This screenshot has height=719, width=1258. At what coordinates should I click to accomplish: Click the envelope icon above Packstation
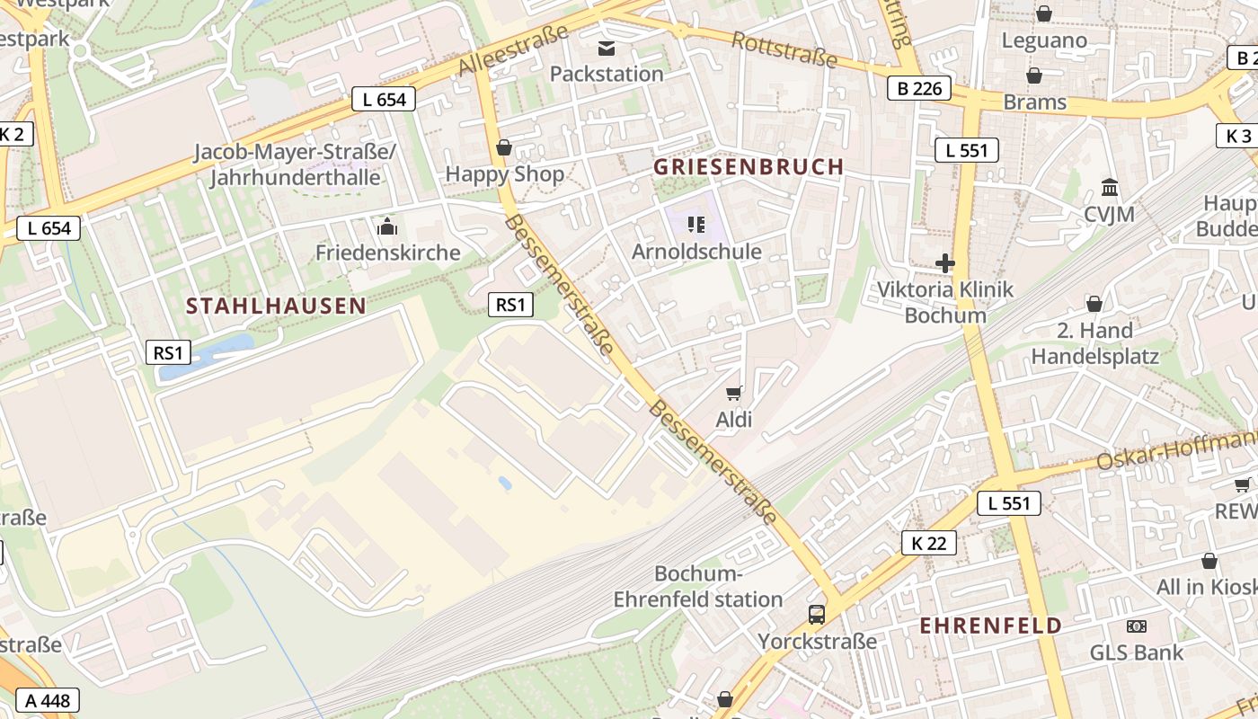tap(607, 48)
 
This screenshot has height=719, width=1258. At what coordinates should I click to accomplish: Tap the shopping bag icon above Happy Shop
tap(504, 147)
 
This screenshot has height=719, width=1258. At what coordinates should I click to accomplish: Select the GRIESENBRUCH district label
tap(749, 166)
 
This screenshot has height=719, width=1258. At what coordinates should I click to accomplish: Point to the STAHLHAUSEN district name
tap(276, 306)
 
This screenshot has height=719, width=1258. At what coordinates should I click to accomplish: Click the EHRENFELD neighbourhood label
tap(990, 626)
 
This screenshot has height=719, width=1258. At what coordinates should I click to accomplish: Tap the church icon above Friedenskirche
tap(387, 226)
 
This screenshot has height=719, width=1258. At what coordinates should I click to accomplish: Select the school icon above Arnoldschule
tap(695, 224)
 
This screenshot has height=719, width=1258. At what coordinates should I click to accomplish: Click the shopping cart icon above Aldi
tap(734, 393)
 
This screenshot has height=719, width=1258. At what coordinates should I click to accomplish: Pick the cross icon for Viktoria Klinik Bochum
tap(944, 263)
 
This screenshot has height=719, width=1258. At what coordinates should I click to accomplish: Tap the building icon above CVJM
tap(1109, 188)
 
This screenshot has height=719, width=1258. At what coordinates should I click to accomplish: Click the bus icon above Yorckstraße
tap(816, 615)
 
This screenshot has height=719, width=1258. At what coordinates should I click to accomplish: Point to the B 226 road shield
tap(918, 88)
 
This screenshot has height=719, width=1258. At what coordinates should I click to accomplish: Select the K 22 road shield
tap(929, 543)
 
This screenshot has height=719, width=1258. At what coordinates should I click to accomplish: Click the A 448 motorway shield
tap(47, 701)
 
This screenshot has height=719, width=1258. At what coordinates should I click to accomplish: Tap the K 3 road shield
tap(1238, 136)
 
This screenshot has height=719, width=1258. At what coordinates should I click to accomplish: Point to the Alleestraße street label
tap(513, 50)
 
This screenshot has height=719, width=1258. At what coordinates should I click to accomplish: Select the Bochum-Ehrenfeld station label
tap(698, 586)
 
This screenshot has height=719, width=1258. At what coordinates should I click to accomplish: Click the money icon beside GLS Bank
tap(1137, 626)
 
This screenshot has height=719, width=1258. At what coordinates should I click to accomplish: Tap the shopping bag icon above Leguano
tap(1044, 13)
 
